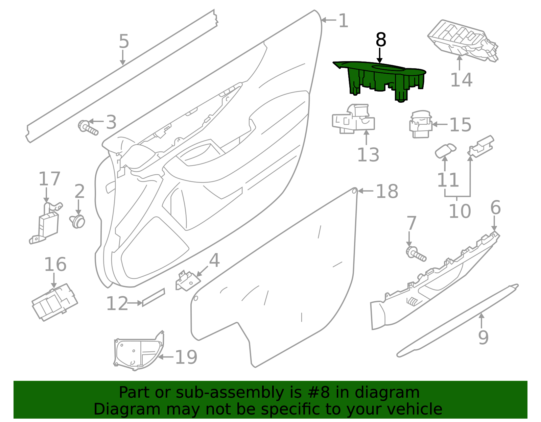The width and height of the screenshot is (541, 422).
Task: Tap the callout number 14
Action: pyautogui.click(x=461, y=80)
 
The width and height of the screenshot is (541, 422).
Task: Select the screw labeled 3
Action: pyautogui.click(x=88, y=127)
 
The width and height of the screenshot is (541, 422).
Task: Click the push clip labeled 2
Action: pyautogui.click(x=78, y=221)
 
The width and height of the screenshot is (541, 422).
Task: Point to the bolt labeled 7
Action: pyautogui.click(x=416, y=254)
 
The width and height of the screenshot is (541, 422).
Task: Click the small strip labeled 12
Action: pyautogui.click(x=153, y=297)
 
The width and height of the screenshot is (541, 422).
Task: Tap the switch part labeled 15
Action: pyautogui.click(x=420, y=125)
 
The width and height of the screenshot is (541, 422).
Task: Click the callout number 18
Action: pyautogui.click(x=387, y=192)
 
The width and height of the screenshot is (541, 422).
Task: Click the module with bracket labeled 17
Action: pyautogui.click(x=47, y=225)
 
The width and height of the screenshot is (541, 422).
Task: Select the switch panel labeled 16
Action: pyautogui.click(x=54, y=302)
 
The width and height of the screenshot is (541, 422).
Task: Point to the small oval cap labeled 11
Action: pyautogui.click(x=445, y=150)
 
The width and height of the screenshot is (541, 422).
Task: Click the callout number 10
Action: pyautogui.click(x=460, y=212)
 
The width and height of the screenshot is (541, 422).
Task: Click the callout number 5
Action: pyautogui.click(x=124, y=42)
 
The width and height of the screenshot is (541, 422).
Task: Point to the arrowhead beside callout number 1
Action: pyautogui.click(x=323, y=20)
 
